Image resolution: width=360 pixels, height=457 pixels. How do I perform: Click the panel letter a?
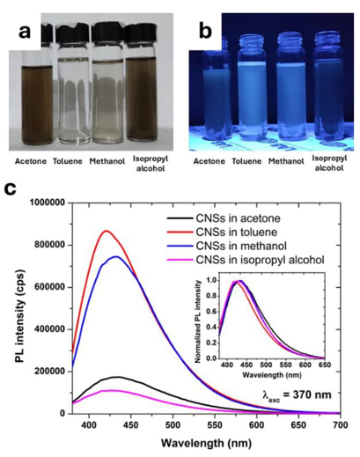[x=25, y=32]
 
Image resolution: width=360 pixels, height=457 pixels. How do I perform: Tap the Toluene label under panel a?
[x=68, y=161]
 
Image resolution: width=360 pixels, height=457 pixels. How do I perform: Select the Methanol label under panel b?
[x=286, y=161]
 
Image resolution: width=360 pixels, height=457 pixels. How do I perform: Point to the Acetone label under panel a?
[x=31, y=161]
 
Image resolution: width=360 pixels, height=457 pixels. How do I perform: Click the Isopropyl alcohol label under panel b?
[x=329, y=163]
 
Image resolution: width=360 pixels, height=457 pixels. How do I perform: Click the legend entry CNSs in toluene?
[x=236, y=232]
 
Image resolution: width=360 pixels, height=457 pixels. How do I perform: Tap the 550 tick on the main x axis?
[x=215, y=424]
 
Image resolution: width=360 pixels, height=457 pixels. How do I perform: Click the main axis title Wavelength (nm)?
[x=206, y=442]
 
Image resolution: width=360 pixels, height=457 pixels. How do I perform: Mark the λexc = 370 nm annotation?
[x=297, y=394]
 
